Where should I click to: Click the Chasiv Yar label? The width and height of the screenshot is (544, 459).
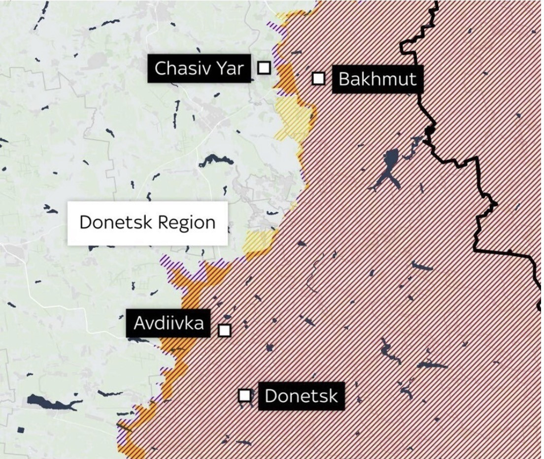tap(199, 68)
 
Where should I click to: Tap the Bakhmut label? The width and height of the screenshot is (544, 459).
tap(377, 79)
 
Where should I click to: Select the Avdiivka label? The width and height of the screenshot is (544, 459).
tap(169, 323)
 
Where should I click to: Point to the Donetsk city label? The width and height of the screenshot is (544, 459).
tap(301, 396)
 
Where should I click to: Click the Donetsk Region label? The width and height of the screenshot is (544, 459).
tap(147, 223)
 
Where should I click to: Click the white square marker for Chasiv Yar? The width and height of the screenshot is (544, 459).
tap(265, 68)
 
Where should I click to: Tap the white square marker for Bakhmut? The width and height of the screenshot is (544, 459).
tap(319, 78)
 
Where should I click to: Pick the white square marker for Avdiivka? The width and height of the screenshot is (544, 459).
tap(225, 330)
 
